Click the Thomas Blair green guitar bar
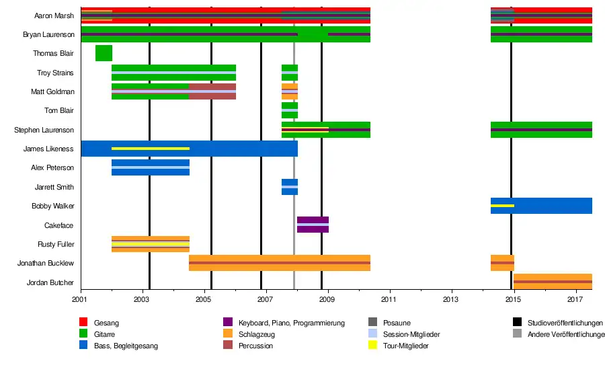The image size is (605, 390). pos(104,53)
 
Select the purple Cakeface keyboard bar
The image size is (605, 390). pos(313,225)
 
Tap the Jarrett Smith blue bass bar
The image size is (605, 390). pos(290,187)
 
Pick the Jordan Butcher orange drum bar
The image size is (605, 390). pos(553,282)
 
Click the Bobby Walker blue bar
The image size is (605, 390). pos(541,206)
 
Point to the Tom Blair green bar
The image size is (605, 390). pos(290,110)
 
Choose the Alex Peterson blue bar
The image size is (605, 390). pos(151,167)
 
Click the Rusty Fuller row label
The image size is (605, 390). pos(56,244)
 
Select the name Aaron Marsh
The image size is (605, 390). pos(54,15)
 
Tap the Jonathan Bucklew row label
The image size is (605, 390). pos(46,263)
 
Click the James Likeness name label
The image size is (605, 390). pos(48,149)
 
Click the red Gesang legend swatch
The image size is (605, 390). pos(84,323)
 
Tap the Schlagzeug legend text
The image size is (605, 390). pos(255,334)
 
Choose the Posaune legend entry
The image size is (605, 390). pos(397,323)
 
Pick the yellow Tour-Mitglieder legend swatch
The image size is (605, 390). pos(373,346)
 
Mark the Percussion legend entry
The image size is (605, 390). pos(255,346)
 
